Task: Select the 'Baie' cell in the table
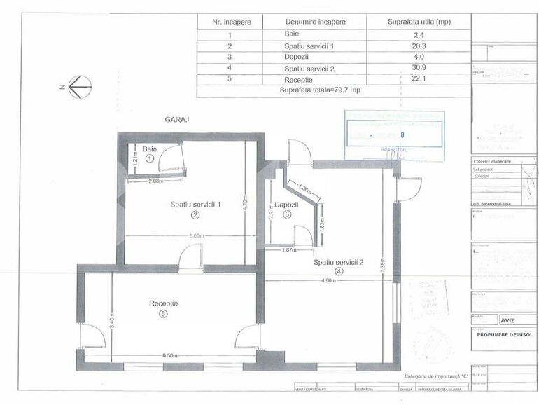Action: click(292, 34)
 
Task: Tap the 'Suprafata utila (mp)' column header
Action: click(419, 22)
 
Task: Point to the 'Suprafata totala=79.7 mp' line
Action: click(319, 90)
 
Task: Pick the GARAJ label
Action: click(176, 119)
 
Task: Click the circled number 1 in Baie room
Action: click(149, 159)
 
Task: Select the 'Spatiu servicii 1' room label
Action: click(195, 205)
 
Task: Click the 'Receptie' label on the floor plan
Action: click(163, 303)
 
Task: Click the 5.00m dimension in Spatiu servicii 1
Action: click(196, 237)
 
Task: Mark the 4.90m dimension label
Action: click(328, 280)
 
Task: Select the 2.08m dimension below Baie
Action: click(155, 181)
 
